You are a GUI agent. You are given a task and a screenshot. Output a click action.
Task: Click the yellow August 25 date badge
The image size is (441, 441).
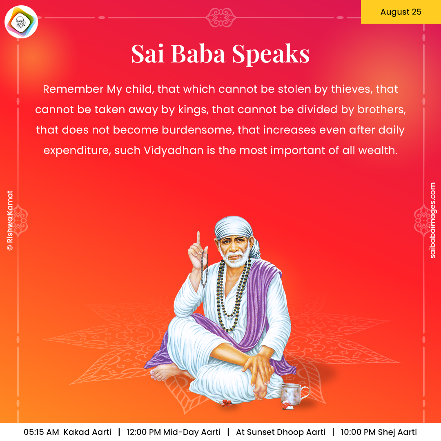401,12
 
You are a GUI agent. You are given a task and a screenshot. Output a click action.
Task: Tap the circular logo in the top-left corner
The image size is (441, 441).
21,22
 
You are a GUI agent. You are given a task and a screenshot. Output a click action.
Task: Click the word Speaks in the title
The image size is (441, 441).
271,54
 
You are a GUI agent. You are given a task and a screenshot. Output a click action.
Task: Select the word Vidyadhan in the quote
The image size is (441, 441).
174,150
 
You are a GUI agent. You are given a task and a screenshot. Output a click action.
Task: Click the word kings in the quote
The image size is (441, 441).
194,110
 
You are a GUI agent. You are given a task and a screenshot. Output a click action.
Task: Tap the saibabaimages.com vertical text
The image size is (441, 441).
432,220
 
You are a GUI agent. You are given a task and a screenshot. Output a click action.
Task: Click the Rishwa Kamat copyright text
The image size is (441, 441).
10,220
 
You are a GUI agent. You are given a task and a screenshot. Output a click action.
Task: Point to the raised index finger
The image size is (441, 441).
198,238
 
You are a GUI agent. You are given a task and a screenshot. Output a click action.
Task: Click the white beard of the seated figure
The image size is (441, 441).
235,259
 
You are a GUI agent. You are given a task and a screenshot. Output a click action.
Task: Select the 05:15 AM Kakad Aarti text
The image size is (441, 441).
67,432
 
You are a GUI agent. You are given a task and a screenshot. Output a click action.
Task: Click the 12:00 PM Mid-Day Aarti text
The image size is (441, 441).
174,432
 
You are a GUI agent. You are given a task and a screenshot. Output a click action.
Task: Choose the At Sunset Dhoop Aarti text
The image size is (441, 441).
281,432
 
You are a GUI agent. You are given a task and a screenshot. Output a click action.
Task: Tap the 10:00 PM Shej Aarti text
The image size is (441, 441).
379,432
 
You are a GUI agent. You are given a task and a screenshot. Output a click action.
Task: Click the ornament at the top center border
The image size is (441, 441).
221,18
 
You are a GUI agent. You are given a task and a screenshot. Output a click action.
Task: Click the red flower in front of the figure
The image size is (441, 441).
226,403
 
